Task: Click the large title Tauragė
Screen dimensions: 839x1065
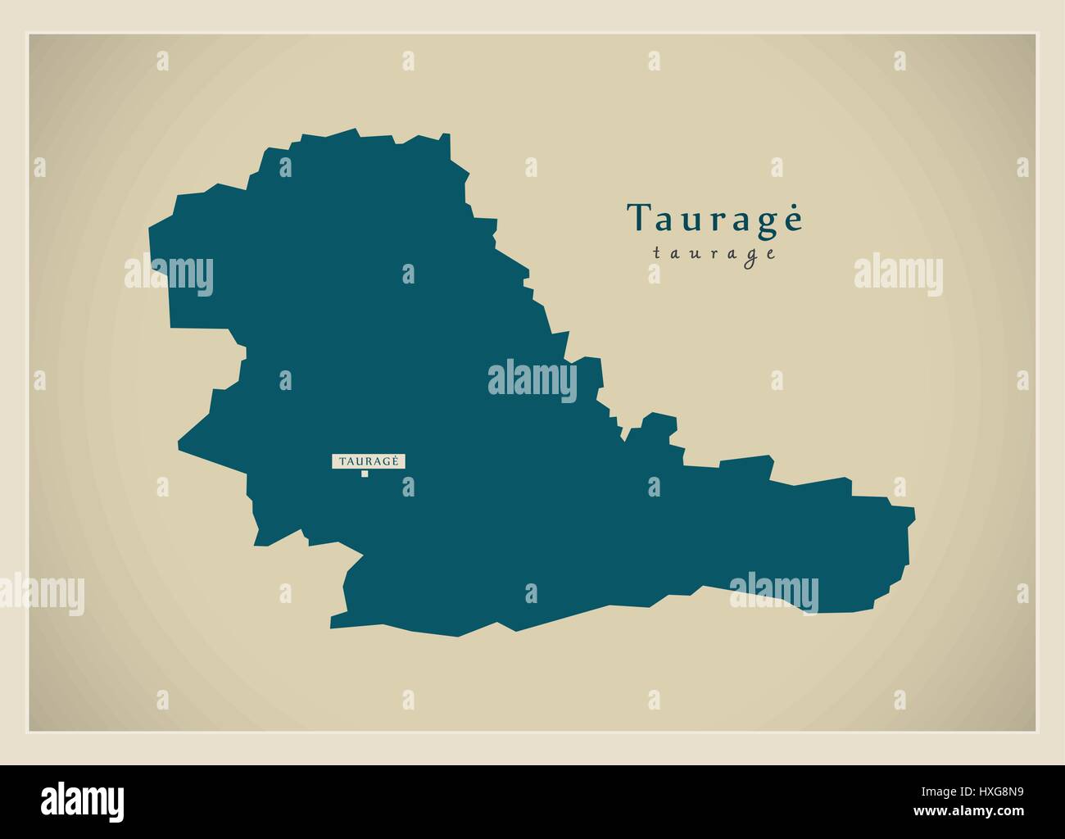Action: tap(715, 219)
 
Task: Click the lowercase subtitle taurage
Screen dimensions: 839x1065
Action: tap(714, 254)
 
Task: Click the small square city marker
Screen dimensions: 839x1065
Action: tap(365, 474)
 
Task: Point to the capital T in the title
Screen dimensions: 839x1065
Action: tap(639, 219)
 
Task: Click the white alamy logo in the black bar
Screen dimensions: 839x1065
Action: tap(84, 800)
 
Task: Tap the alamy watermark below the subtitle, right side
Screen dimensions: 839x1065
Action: tap(898, 274)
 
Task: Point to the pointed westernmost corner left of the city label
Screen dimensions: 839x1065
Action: tap(179, 447)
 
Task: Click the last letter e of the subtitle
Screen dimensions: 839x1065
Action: tap(771, 254)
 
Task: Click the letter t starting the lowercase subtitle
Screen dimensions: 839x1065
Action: tap(657, 254)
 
